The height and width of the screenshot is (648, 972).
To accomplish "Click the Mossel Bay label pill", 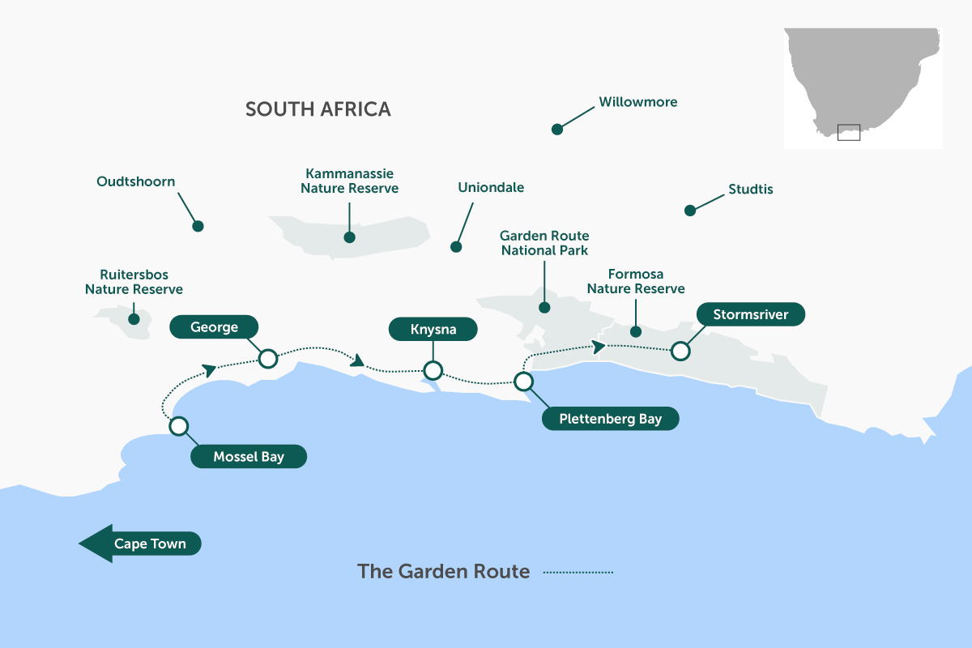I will [x=249, y=457].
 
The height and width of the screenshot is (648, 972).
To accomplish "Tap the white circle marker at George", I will [x=267, y=358].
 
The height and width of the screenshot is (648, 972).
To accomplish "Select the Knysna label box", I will [x=433, y=330].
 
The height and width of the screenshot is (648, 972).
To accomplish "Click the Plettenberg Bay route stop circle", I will [x=524, y=381].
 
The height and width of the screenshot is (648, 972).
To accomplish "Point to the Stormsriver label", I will [x=751, y=314].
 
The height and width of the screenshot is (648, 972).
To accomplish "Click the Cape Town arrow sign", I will [x=140, y=544].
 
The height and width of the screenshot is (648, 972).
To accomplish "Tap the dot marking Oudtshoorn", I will [x=198, y=226].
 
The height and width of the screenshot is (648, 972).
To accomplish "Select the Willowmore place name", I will [x=637, y=102].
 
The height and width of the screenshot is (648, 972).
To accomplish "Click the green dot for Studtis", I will [x=690, y=210].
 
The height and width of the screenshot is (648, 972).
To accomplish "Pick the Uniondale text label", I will [x=491, y=187].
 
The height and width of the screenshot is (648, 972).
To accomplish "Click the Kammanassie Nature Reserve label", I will [x=350, y=181].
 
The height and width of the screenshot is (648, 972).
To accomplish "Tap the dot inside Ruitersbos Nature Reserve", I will [x=134, y=318].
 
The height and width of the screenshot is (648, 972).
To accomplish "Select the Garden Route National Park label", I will [x=544, y=243].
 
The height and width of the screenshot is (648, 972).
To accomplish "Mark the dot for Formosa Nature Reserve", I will [x=636, y=331].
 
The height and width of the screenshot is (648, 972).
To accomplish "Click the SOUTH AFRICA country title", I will [x=318, y=109].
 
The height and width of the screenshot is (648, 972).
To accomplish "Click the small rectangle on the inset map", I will [x=848, y=132].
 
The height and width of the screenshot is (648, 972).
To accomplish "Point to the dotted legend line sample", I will [x=578, y=572].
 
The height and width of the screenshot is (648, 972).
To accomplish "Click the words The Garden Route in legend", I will [x=443, y=571].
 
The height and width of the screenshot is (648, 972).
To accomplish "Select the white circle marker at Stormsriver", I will [x=680, y=351].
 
